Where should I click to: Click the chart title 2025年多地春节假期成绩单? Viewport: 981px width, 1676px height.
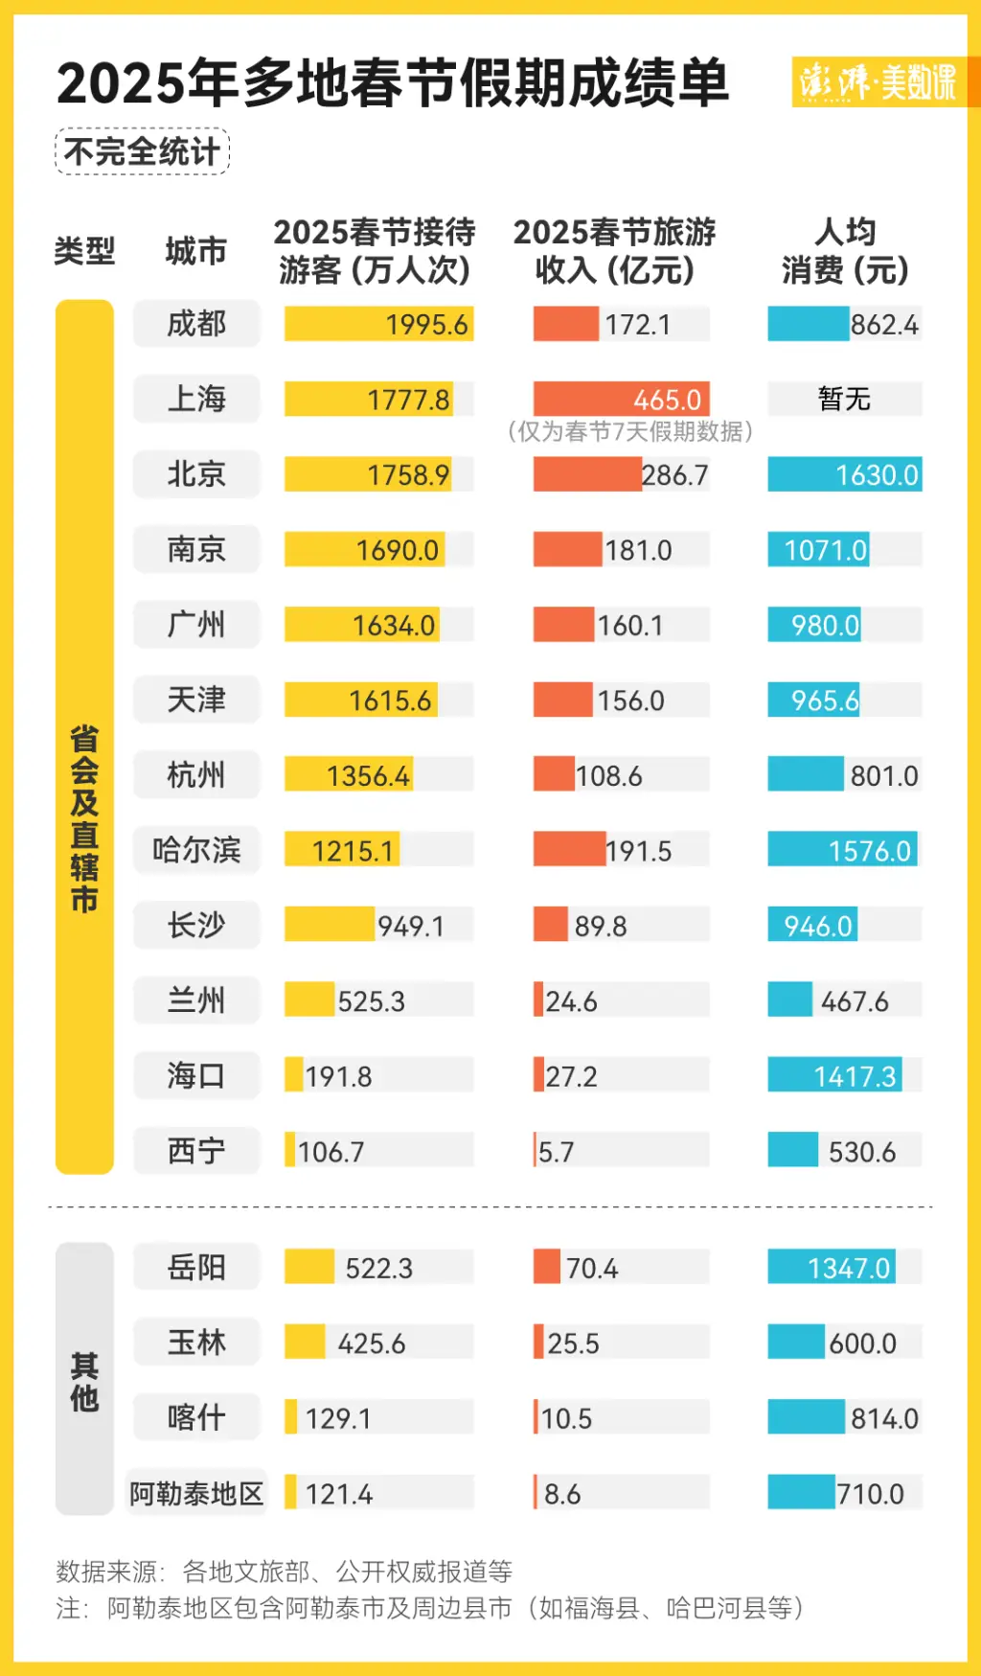tap(393, 83)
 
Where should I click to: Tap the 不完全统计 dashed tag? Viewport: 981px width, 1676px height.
tap(142, 151)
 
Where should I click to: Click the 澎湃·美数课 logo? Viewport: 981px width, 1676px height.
tap(878, 81)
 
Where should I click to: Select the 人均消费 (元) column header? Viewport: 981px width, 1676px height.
tap(844, 251)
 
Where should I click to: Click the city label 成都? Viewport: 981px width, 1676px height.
tap(196, 324)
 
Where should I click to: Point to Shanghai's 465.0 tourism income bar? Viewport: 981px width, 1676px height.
tap(621, 399)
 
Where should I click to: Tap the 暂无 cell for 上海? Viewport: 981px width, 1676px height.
tap(844, 399)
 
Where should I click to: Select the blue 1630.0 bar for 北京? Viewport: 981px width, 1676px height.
tap(844, 474)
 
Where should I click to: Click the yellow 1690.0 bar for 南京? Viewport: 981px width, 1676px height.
tap(365, 550)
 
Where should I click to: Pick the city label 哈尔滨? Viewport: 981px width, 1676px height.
tap(196, 850)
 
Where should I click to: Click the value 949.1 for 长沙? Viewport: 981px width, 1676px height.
tap(410, 926)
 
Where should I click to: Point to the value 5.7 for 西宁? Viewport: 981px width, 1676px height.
tap(556, 1152)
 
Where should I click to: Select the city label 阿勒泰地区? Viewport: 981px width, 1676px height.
tap(196, 1493)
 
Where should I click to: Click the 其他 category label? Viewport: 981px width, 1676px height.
tap(84, 1381)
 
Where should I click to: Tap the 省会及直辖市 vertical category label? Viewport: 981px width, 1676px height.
tap(84, 819)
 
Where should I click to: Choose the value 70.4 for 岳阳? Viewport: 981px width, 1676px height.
tap(591, 1268)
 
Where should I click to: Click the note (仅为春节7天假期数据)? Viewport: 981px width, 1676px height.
tap(630, 431)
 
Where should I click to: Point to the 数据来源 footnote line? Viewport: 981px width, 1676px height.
tap(285, 1572)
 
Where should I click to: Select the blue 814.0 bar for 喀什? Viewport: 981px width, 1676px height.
tap(806, 1417)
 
